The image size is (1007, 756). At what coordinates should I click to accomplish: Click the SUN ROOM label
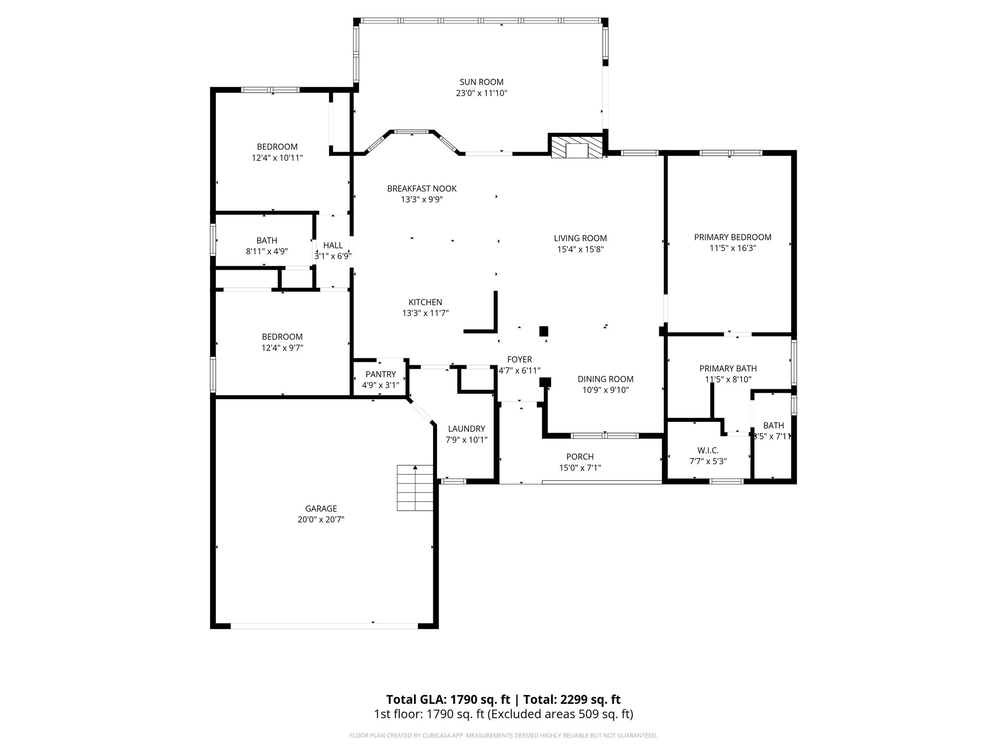481,82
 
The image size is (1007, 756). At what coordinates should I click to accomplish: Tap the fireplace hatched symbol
576,147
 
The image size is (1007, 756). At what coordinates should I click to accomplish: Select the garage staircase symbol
415,488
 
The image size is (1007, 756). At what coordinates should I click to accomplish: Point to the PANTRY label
380,375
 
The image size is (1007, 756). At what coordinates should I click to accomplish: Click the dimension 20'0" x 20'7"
321,519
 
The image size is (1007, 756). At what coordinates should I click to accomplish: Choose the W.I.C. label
708,450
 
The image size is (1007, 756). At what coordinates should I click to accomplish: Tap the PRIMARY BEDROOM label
732,237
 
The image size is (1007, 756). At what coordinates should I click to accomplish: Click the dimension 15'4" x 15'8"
580,250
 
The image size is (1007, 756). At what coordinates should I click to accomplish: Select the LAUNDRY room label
466,429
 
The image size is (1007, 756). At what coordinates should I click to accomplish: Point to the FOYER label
519,360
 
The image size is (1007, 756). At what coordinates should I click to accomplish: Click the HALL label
333,246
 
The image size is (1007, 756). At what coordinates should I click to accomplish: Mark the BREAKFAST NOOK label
421,189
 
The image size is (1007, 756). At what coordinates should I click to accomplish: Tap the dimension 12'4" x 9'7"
282,348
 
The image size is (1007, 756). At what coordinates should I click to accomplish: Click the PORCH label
580,457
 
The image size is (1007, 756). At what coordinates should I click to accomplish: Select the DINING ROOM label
605,379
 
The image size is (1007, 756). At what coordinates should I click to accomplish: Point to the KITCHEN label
425,302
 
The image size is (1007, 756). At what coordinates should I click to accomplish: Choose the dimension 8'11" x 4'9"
267,251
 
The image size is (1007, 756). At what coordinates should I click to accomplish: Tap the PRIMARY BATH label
728,369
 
